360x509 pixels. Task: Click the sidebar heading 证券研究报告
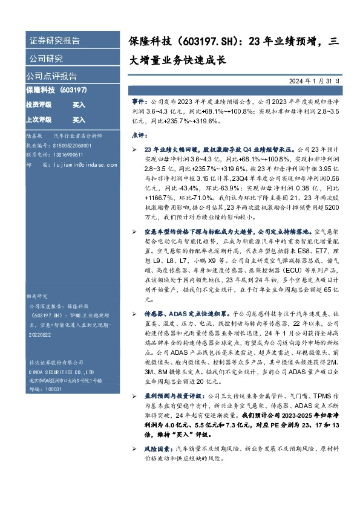[x=54, y=41]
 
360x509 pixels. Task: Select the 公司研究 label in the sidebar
[x=46, y=59]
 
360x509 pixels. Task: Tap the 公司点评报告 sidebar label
[x=51, y=76]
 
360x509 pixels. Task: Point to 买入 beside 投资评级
[x=79, y=105]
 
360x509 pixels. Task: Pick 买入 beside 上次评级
[x=79, y=120]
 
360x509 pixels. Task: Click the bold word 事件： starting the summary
[x=139, y=103]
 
